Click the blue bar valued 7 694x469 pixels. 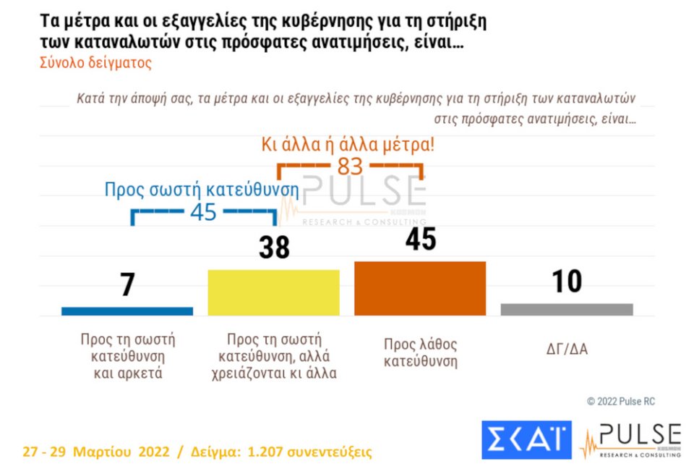[x=127, y=311]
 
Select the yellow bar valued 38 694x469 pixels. [x=273, y=292]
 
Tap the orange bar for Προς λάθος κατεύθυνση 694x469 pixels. [x=419, y=288]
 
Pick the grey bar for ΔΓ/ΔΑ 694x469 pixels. [x=567, y=309]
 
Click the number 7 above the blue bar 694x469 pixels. [x=128, y=285]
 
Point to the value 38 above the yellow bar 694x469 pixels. [x=274, y=248]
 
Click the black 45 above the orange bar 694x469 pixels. [x=420, y=239]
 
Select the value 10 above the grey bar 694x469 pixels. [x=567, y=282]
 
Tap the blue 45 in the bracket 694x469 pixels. [x=203, y=213]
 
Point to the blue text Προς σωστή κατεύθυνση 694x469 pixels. [x=202, y=190]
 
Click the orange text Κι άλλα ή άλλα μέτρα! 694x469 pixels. [x=348, y=143]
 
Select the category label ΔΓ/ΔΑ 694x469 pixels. [x=567, y=350]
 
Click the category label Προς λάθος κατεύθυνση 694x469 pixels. [x=420, y=352]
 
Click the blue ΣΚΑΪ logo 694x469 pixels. [x=526, y=439]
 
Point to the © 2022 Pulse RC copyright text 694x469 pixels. [x=620, y=401]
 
